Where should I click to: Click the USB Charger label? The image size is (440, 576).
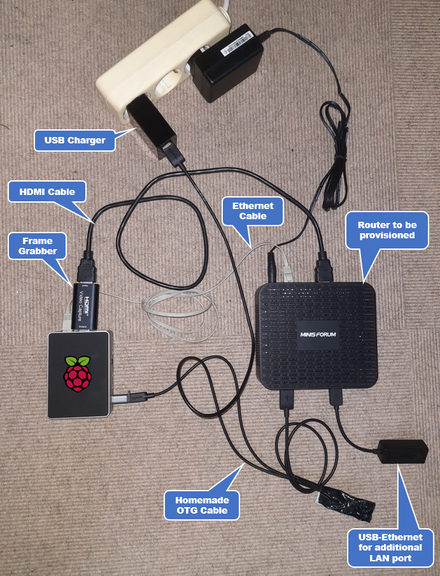(x=75, y=140)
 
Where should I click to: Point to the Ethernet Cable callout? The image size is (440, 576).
(x=253, y=211)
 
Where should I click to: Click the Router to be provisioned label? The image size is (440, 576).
(x=386, y=230)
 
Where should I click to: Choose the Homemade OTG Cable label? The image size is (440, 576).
(x=202, y=505)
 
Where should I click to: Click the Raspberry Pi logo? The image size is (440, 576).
(x=76, y=373)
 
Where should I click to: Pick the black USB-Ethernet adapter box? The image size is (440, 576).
(x=402, y=451)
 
